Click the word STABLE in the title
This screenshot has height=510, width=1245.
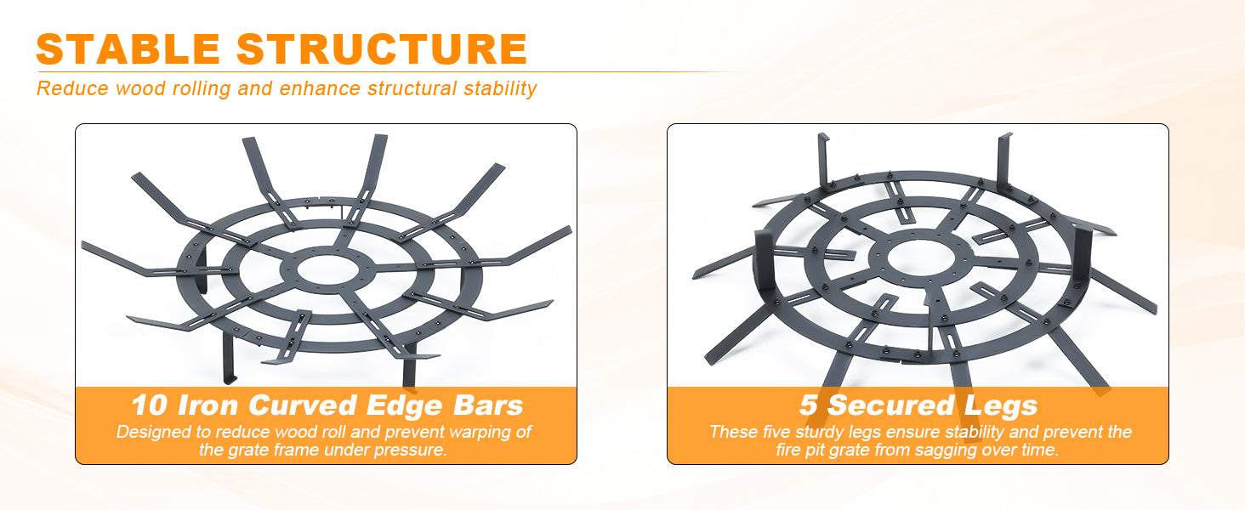point(128,49)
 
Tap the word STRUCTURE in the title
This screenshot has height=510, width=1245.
point(382,49)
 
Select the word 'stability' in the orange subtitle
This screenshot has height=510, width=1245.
point(500,89)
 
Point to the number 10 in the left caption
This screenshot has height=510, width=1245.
point(150,405)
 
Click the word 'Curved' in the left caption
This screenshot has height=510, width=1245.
point(303,405)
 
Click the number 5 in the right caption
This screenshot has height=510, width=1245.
point(809,405)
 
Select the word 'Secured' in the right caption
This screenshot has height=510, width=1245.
point(891,405)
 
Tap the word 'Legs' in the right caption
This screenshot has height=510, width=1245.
point(1001,406)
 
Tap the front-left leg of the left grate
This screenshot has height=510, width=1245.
point(229,355)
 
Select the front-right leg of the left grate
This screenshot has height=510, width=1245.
point(410,365)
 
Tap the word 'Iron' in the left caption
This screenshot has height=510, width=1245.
point(207,405)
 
